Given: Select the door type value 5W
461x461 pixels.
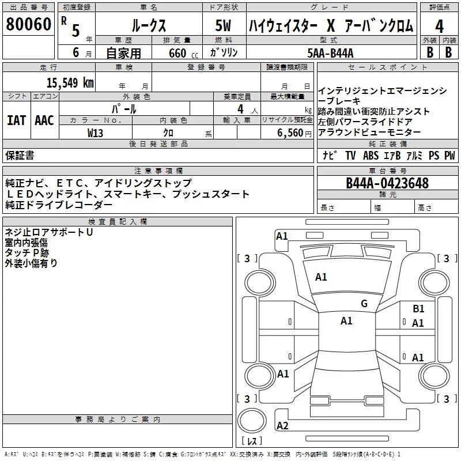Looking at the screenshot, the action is (224, 26).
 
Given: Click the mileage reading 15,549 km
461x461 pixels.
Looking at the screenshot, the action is (70, 82).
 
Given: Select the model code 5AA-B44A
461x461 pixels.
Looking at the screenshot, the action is (330, 54).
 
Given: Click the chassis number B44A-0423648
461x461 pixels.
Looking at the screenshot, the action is (387, 183).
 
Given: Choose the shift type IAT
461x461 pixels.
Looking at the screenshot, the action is (16, 120).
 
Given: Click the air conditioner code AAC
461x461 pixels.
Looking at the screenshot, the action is (44, 120).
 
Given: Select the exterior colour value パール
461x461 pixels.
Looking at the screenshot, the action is (124, 109).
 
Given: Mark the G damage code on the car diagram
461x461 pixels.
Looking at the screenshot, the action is (364, 304).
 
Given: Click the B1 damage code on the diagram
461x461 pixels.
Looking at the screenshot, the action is (418, 309).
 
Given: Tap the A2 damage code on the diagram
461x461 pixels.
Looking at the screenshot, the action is (282, 426).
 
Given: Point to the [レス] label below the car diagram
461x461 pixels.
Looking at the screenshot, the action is (251, 442).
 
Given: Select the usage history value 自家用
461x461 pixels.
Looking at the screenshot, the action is (123, 54).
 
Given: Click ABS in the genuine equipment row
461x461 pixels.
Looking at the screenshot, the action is (371, 156).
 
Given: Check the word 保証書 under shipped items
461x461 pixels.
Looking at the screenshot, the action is (20, 156).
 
